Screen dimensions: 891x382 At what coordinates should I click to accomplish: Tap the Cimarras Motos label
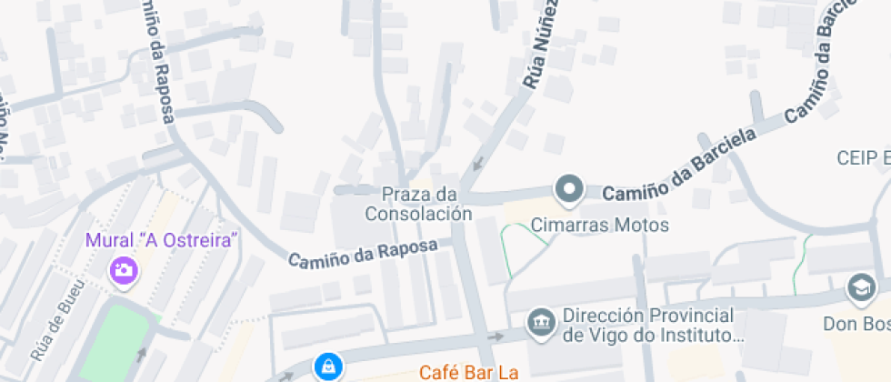[x=600, y=225]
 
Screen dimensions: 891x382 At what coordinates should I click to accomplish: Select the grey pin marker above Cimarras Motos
[x=570, y=189]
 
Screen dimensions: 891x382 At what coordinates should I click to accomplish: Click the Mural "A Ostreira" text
[x=162, y=241]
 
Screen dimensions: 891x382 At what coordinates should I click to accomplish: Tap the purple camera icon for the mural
[x=122, y=270]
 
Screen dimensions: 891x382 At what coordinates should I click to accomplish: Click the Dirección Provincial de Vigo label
[x=649, y=326]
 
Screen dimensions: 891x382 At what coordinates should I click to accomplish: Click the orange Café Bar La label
[x=468, y=372]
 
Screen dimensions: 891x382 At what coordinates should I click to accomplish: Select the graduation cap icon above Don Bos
[x=858, y=289]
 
